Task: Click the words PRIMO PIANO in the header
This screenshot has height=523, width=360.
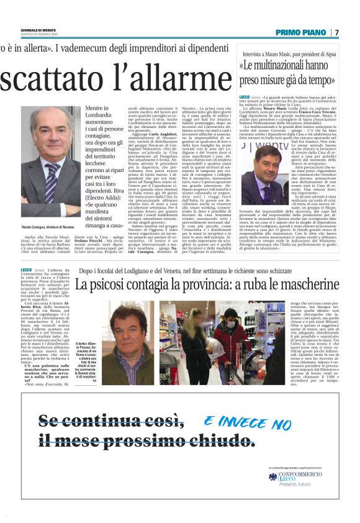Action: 303,32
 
